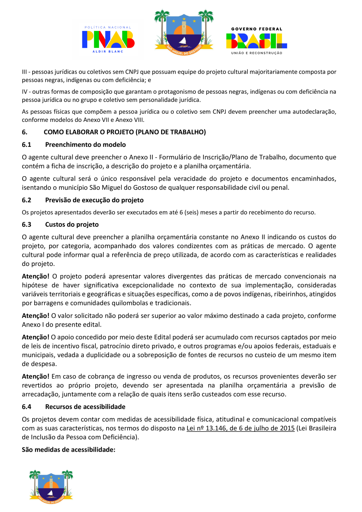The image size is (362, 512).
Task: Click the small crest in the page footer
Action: point(51,485)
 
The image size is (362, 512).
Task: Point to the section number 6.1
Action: point(27,144)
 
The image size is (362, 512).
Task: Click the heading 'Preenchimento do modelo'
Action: point(85,144)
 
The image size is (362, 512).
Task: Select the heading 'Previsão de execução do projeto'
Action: point(94,200)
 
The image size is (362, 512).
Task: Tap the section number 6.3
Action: point(27,224)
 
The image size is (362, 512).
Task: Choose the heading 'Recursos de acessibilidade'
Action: point(85,407)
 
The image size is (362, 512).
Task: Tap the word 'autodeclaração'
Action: point(315,111)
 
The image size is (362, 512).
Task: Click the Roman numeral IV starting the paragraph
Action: point(25,92)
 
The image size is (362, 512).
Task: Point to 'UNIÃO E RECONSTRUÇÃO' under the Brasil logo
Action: point(256,53)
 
